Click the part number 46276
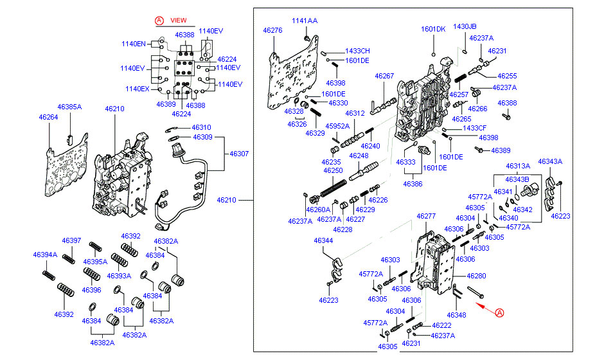tap(272, 30)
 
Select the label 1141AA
tap(305, 21)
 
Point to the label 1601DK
tap(433, 30)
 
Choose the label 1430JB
tap(465, 26)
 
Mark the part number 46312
tap(355, 114)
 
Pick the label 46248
tap(359, 156)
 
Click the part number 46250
tap(333, 170)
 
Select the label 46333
tap(405, 162)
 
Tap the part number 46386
tap(413, 184)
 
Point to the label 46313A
tap(517, 166)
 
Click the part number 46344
tap(323, 240)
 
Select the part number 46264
tap(48, 117)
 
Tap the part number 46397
tap(71, 241)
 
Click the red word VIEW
tap(178, 21)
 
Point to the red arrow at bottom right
tap(486, 310)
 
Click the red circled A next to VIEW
tap(159, 21)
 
